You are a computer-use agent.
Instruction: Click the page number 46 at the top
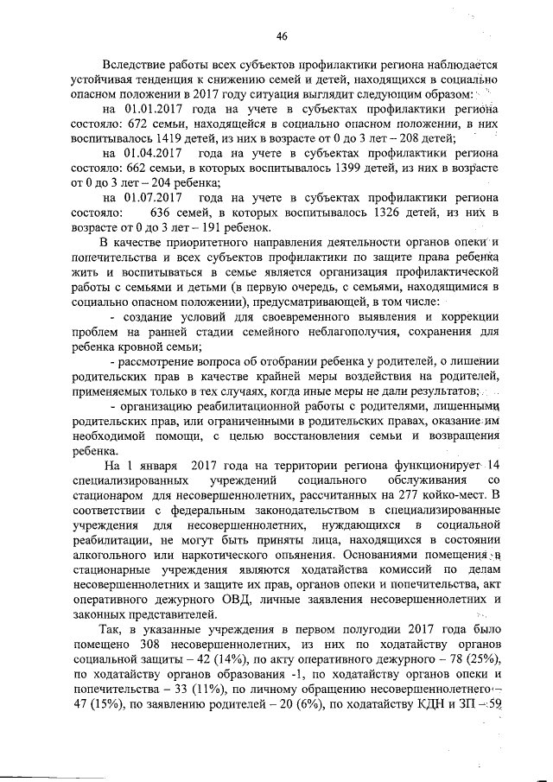[x=281, y=35]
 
